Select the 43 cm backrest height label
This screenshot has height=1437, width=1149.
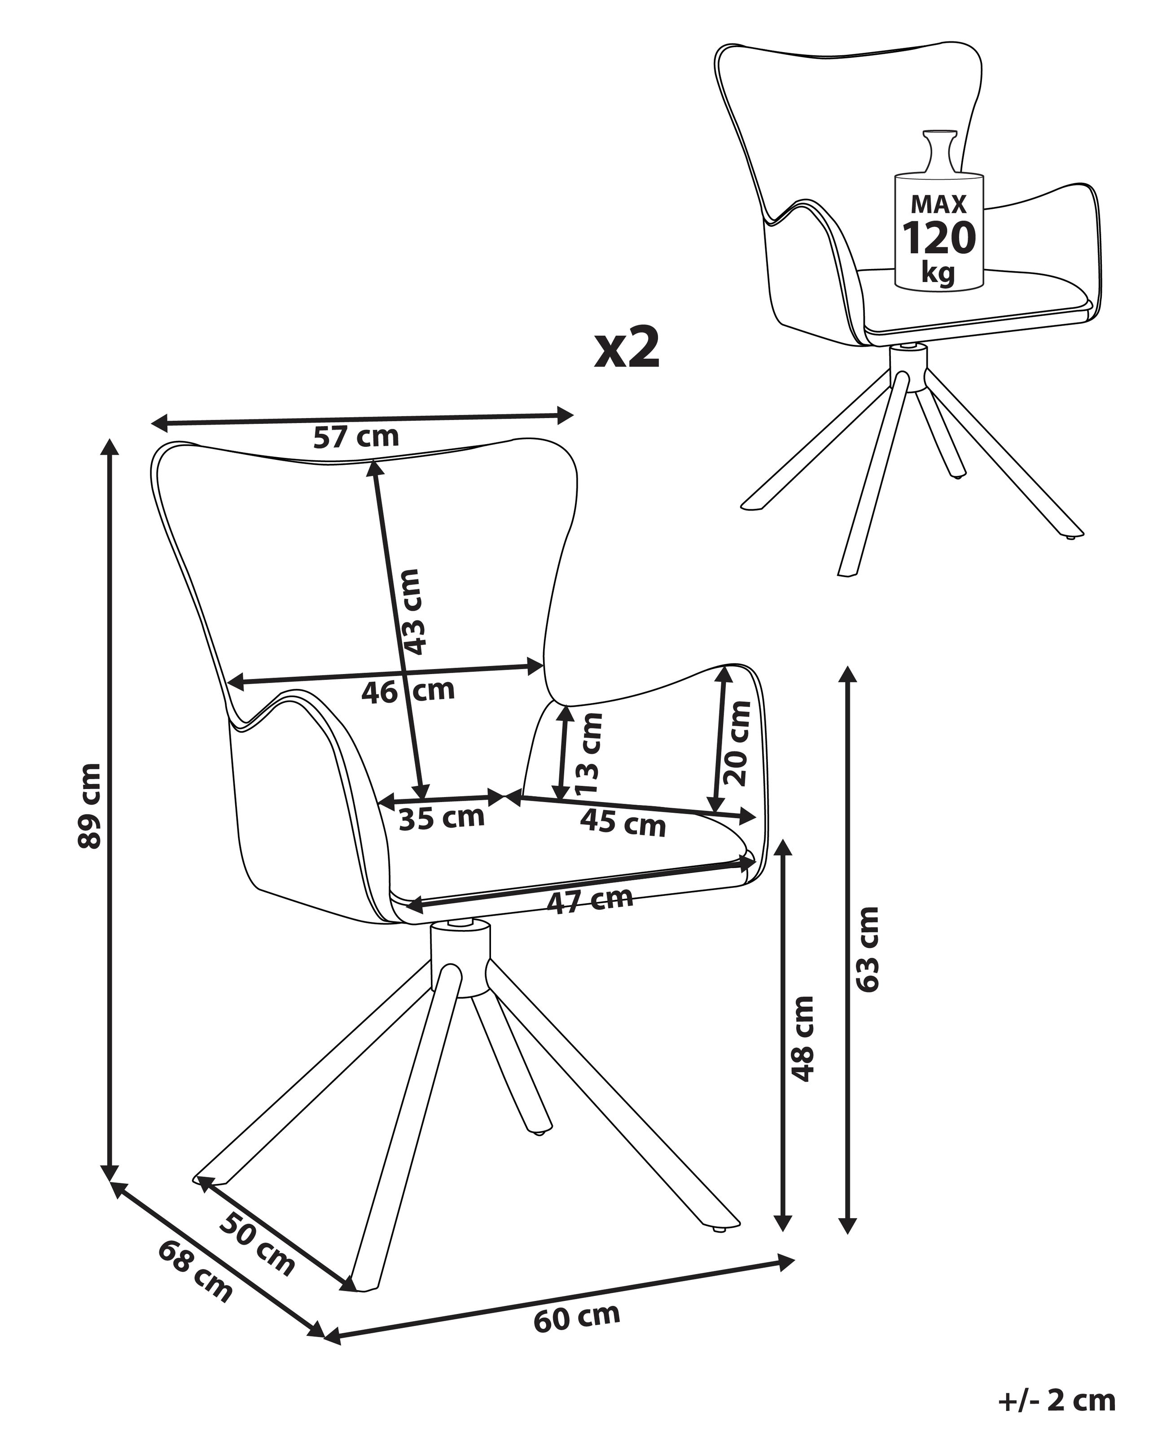(x=412, y=611)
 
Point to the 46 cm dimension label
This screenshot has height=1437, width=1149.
(x=408, y=691)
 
